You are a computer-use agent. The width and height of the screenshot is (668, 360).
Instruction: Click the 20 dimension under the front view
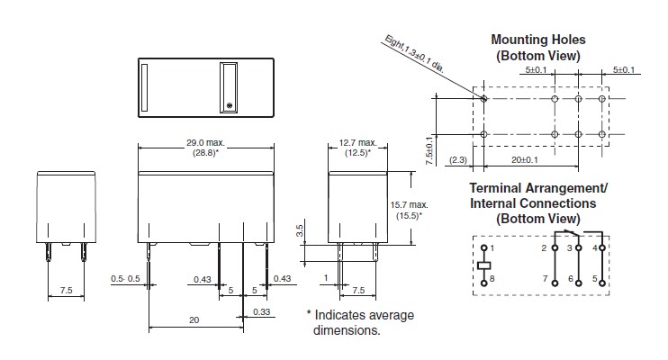click(x=194, y=320)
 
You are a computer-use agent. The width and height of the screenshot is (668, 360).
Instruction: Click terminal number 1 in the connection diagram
click(x=492, y=247)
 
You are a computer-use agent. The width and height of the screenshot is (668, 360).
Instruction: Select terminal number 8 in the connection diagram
click(x=492, y=281)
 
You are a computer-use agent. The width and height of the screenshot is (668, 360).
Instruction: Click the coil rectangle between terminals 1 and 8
click(x=484, y=265)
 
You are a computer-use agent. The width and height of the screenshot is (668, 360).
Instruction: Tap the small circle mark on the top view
click(x=230, y=106)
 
